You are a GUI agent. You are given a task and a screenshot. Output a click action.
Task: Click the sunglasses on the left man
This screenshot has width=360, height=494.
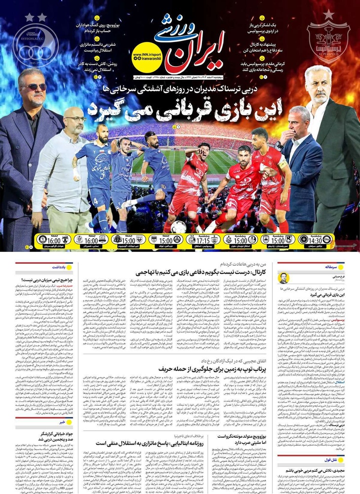(35, 87)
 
